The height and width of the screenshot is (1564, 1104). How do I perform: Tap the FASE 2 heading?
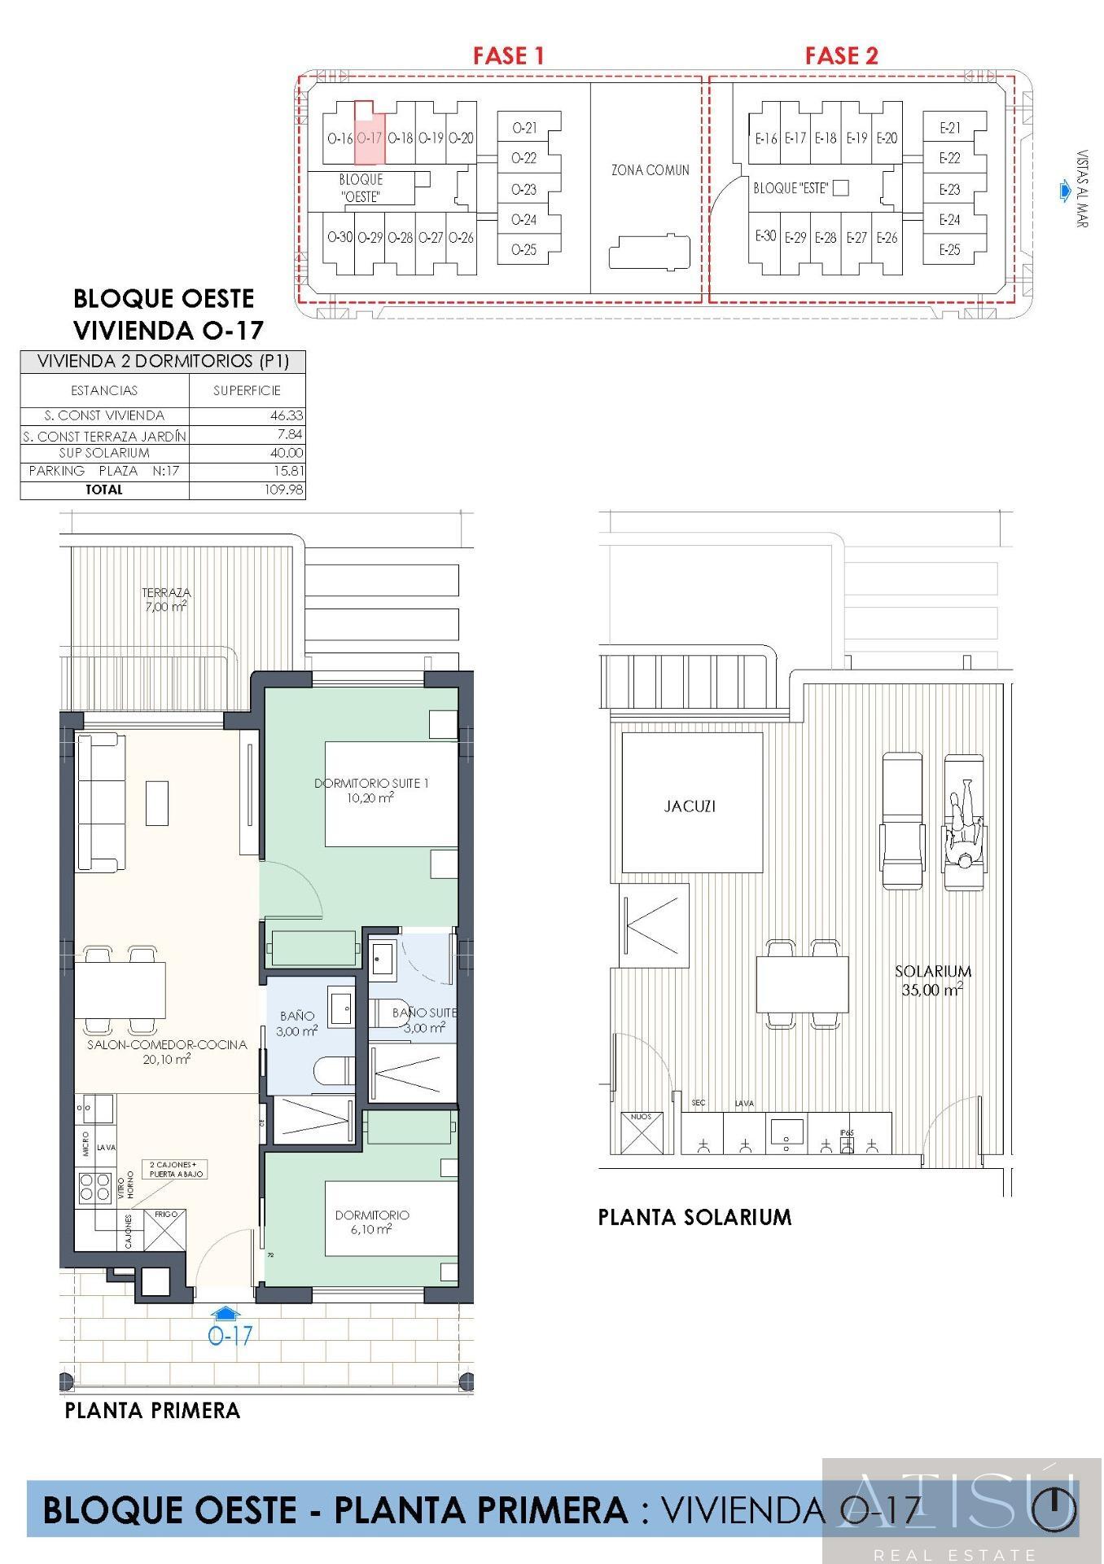click(x=841, y=55)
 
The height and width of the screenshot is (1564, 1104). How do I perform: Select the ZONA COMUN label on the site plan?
click(x=650, y=170)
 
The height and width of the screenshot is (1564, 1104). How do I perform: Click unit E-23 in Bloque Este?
click(x=949, y=189)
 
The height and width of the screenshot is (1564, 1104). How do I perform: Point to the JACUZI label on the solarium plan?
click(x=690, y=806)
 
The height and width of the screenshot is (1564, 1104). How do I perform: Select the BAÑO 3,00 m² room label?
click(x=297, y=1023)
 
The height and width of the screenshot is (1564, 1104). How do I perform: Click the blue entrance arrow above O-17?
click(x=226, y=1312)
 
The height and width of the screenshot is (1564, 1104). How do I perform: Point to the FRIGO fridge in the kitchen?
click(x=165, y=1229)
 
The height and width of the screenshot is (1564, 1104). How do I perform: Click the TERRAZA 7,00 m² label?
click(x=166, y=600)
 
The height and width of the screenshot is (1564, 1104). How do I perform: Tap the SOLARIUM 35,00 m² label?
click(x=933, y=980)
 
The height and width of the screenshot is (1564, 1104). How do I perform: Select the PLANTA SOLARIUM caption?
click(x=694, y=1217)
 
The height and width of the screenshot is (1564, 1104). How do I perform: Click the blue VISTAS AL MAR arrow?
click(x=1065, y=191)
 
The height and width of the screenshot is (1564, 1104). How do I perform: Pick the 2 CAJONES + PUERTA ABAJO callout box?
click(x=173, y=1169)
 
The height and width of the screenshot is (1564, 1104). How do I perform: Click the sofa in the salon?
click(x=101, y=802)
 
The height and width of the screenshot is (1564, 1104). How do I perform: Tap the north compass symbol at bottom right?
click(x=1054, y=1509)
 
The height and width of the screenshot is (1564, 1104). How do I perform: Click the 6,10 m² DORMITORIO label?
click(x=371, y=1222)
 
